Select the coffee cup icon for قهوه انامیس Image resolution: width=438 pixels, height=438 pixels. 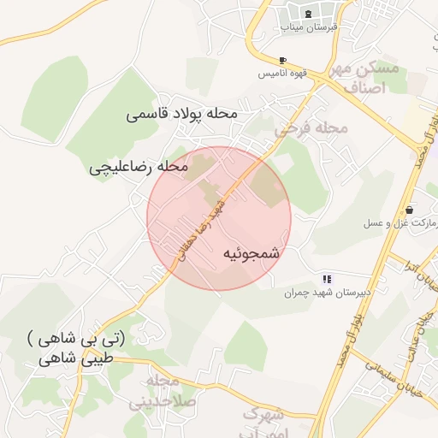pyautogui.click(x=282, y=60)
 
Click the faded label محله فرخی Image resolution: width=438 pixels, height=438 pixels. pyautogui.click(x=313, y=129)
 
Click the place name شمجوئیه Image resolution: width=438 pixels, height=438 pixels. pyautogui.click(x=252, y=254)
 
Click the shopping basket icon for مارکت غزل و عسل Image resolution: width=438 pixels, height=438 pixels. pyautogui.click(x=411, y=210)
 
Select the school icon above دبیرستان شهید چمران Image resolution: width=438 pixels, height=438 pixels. pyautogui.click(x=326, y=279)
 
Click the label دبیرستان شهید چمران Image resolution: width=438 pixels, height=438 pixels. pyautogui.click(x=328, y=293)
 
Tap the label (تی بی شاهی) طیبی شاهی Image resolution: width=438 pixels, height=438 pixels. pyautogui.click(x=75, y=349)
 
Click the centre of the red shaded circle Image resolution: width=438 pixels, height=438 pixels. pyautogui.click(x=219, y=218)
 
